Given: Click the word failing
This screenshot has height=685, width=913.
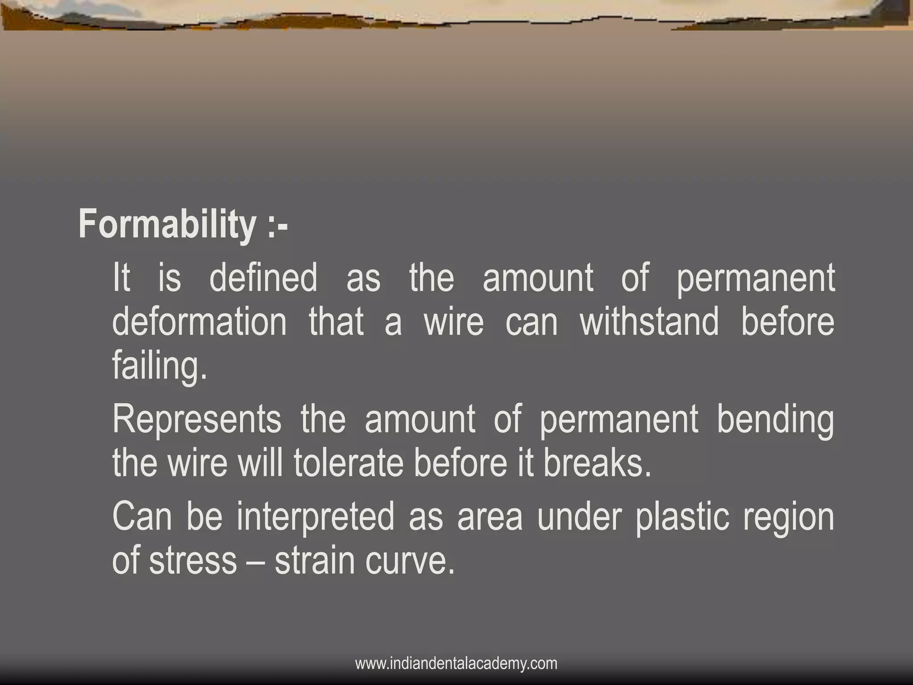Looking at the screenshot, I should click(160, 366).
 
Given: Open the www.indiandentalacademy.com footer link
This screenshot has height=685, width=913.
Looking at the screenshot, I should click(456, 663).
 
